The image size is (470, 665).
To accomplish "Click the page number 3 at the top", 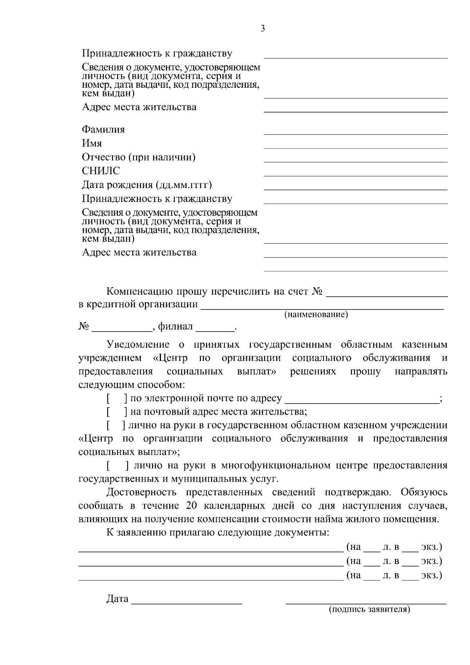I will [262, 28].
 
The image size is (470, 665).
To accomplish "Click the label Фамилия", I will [103, 129].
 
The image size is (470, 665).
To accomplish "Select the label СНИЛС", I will [101, 171].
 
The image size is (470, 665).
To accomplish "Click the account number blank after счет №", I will [387, 295].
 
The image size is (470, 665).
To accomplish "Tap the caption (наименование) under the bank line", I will [316, 314].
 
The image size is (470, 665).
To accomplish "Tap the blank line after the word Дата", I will [186, 602].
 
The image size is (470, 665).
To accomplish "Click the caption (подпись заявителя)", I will [369, 609].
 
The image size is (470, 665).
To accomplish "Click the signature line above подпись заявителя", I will [366, 603].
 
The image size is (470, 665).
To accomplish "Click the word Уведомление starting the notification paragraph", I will [138, 345].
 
